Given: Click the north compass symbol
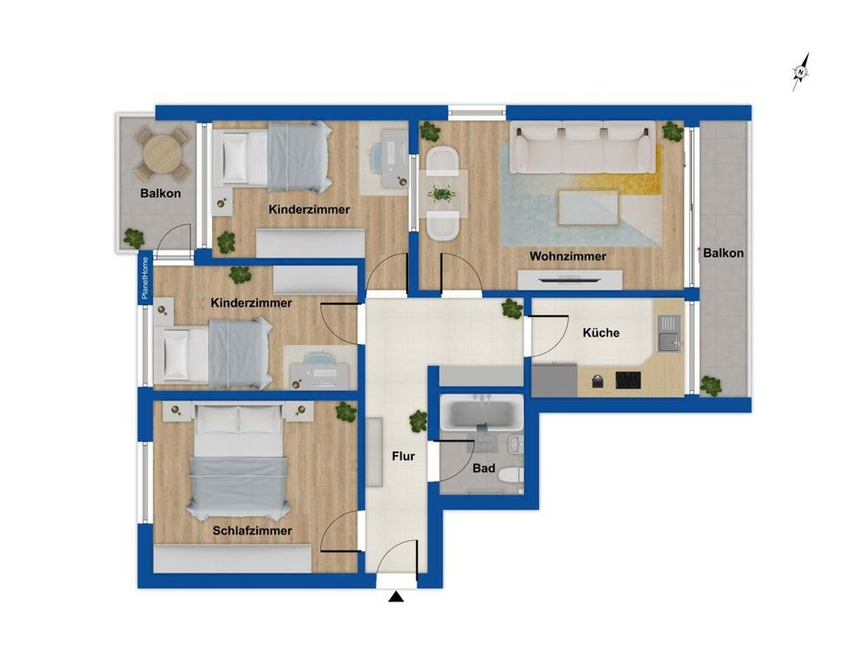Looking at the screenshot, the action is point(800,72).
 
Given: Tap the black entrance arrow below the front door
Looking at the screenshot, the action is point(396,596).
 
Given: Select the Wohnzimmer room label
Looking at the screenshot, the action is point(568,256).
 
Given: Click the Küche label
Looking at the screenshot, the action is point(601,333).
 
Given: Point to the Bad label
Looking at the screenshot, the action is point(484,468).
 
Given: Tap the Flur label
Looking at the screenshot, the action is point(403,456).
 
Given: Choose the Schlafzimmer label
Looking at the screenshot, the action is point(252,531).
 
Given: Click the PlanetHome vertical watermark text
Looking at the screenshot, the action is point(145,278).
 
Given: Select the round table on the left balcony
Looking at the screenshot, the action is point(163,154).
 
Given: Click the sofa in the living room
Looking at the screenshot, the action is point(583,147).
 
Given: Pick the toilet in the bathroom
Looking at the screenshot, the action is point(510,475).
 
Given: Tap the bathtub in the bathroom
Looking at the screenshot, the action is point(482,414).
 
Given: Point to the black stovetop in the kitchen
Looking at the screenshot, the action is point(628,380).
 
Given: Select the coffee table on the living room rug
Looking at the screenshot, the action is point(588,207).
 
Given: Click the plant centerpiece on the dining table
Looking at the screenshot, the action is point(442,195).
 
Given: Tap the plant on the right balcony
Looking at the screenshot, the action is point(710,385).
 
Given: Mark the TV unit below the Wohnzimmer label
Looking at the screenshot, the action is point(570,279).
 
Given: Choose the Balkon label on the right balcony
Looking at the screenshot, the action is point(724,253).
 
